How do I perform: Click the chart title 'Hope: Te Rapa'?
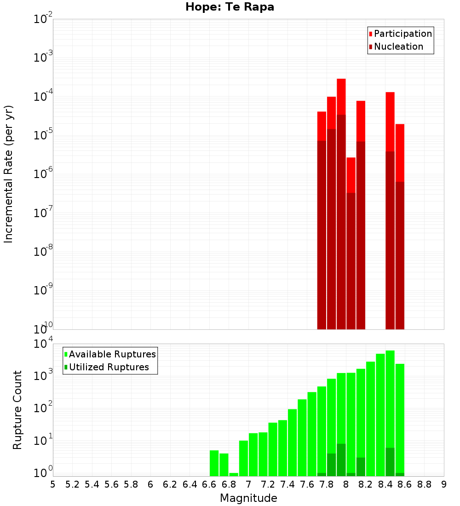pos(230,7)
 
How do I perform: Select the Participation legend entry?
pos(400,34)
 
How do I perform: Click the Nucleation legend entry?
pos(396,46)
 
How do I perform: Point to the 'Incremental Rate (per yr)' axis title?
pos(9,174)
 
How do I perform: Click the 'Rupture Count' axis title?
pos(17,409)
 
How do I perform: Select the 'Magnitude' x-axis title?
pos(248,498)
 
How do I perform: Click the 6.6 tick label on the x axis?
pos(209,484)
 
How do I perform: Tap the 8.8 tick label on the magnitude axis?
pos(424,484)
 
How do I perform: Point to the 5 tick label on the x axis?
pos(53,484)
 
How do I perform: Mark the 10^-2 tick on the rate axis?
pos(43,19)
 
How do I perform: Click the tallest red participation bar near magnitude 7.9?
pos(341,97)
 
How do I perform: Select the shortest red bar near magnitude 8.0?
pos(351,175)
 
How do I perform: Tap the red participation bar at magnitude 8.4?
pos(390,121)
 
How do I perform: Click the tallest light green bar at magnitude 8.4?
pos(390,396)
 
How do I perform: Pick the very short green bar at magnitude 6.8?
pos(234,474)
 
